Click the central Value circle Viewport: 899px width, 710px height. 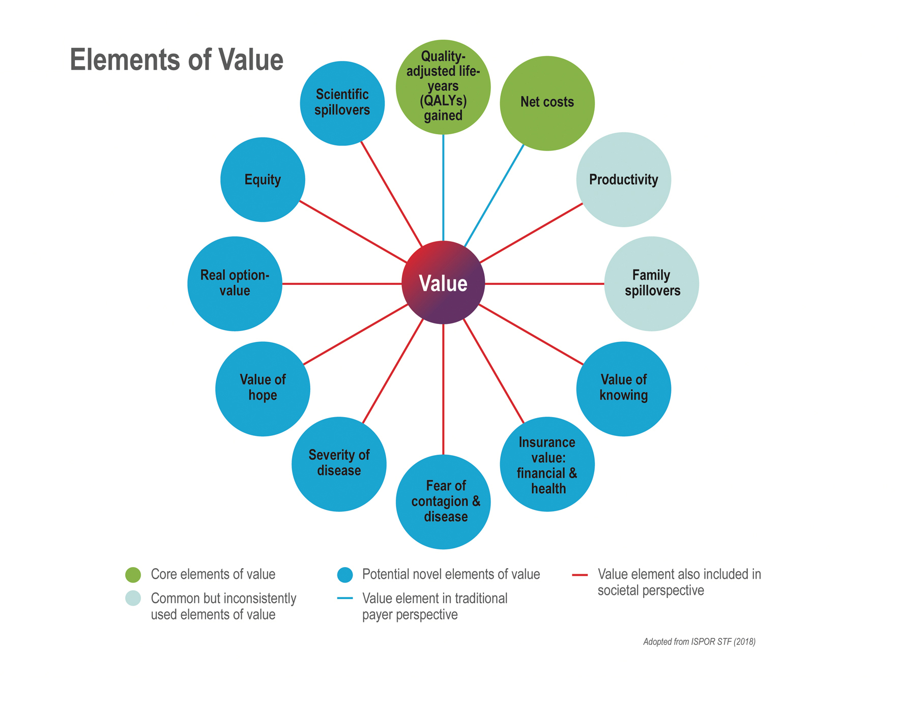click(443, 283)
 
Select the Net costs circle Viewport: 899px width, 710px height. click(547, 103)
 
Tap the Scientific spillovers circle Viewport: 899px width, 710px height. click(342, 103)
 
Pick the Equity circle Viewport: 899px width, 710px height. click(263, 180)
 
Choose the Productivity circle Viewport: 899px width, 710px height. click(623, 180)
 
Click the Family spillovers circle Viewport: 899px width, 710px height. click(651, 283)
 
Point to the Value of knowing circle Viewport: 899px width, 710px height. click(623, 389)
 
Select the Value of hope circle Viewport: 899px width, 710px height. click(263, 389)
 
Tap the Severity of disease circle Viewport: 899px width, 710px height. click(339, 464)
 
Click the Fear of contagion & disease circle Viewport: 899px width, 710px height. click(443, 501)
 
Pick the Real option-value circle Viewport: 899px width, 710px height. click(235, 283)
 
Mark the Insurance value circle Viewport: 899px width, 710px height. click(547, 464)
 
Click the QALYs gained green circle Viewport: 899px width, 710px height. click(443, 87)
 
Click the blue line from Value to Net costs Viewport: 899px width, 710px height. click(495, 195)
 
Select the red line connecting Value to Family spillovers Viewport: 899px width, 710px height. click(544, 284)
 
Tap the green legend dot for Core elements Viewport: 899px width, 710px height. click(133, 575)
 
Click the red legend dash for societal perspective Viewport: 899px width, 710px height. click(579, 575)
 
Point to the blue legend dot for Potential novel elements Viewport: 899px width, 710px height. click(345, 575)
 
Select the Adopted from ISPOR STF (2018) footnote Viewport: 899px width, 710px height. click(699, 642)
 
